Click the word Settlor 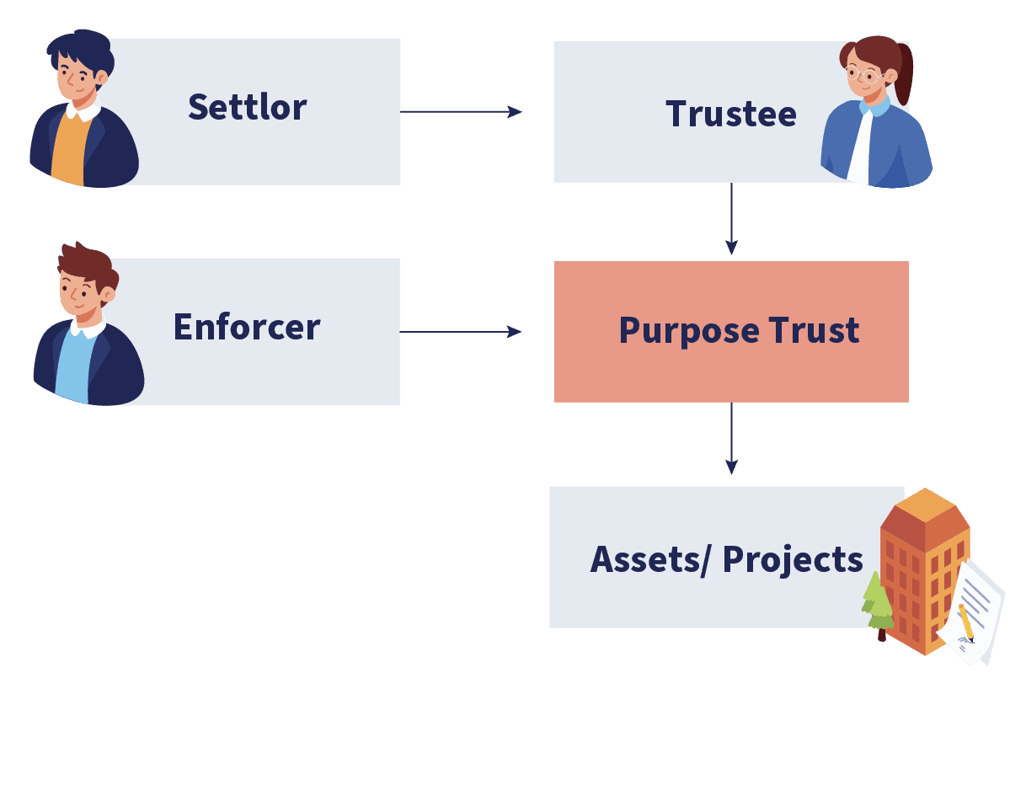point(247,108)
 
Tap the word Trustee point(730,114)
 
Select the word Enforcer point(246,327)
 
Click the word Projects point(793,559)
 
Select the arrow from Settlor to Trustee point(461,111)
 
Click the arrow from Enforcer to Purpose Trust point(461,332)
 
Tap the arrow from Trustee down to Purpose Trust point(731,219)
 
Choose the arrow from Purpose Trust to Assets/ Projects point(731,438)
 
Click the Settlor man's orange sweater point(69,152)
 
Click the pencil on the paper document point(966,622)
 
